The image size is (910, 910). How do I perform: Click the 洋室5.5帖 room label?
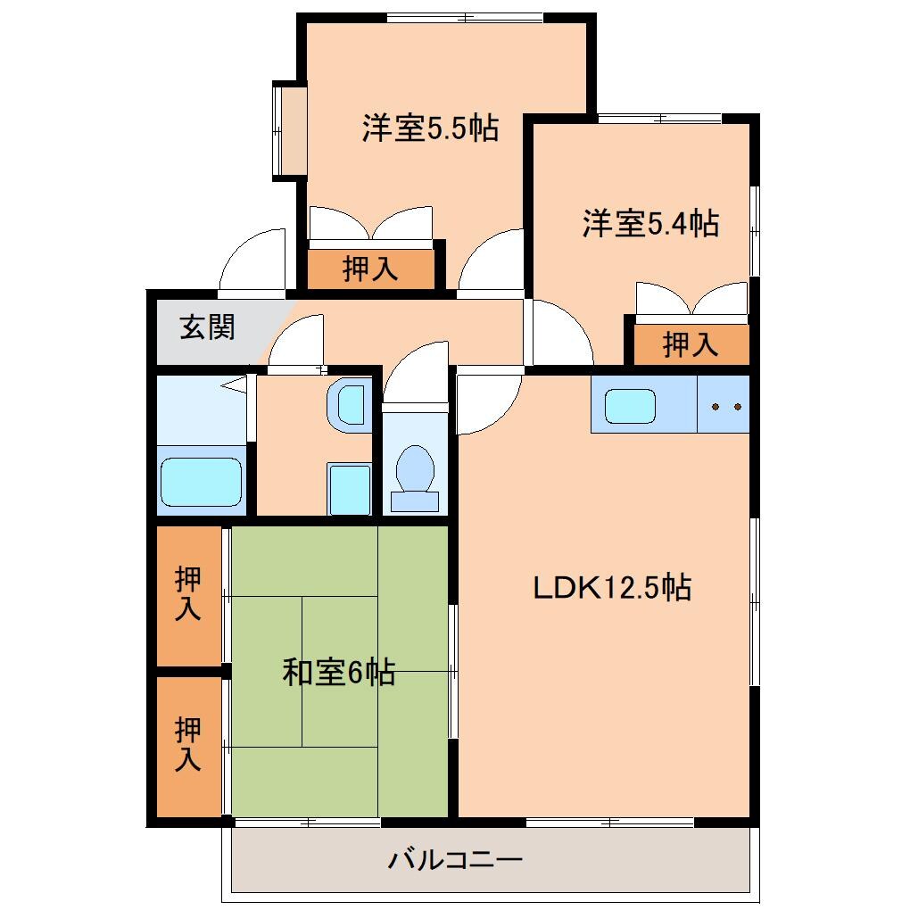429,128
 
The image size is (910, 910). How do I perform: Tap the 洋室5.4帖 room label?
650,223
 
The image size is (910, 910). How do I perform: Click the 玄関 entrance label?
207,327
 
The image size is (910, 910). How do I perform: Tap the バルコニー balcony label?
455,861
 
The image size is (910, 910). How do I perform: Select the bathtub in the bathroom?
201,482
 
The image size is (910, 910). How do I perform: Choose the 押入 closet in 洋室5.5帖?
371,268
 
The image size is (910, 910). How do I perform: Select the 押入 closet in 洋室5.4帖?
691,344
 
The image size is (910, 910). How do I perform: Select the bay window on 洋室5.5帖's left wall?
289,131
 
